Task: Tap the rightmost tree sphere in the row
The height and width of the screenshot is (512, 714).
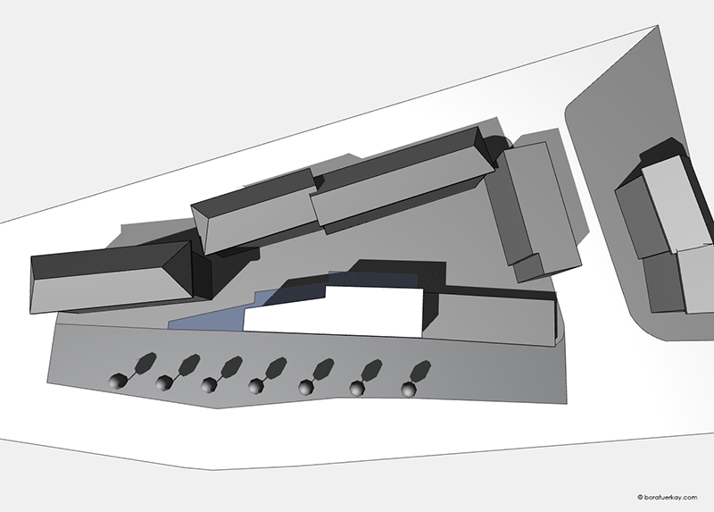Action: pos(409,390)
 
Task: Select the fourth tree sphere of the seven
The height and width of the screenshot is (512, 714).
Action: pos(256,387)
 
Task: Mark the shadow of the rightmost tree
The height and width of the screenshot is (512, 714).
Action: pos(420,371)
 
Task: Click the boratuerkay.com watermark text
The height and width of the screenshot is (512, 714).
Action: pos(670,498)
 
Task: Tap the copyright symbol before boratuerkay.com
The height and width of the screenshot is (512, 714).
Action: pos(640,498)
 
